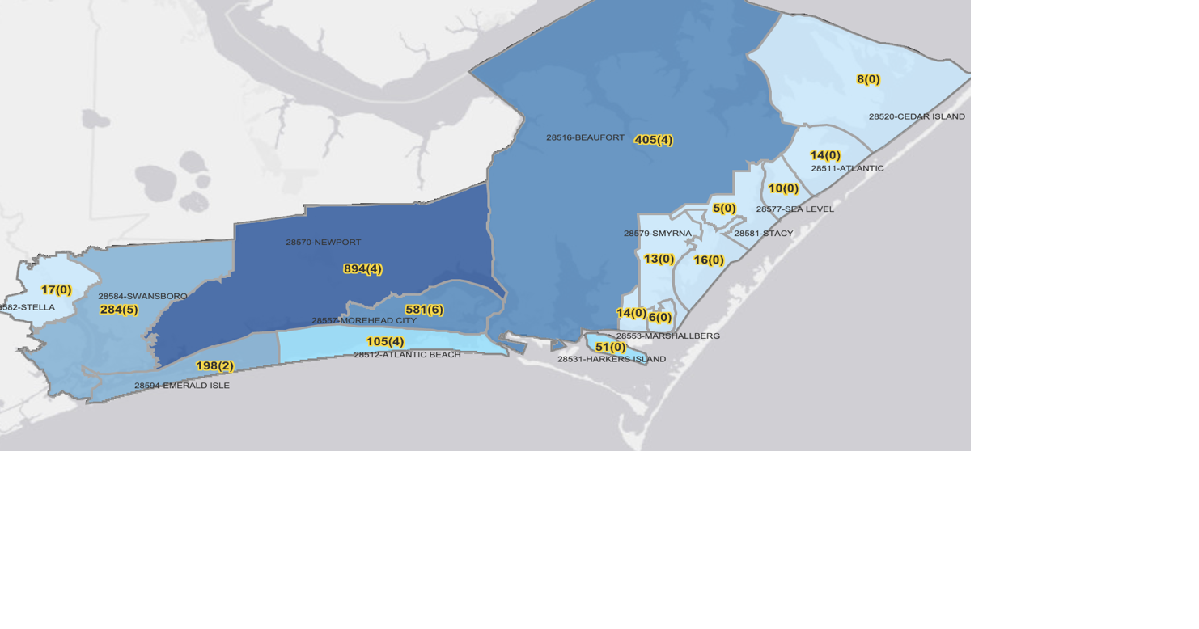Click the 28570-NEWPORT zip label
click(x=324, y=243)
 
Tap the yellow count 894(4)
click(x=362, y=269)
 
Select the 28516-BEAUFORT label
click(x=585, y=138)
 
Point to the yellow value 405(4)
click(x=654, y=140)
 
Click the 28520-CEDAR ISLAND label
click(x=917, y=116)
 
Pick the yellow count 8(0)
click(x=868, y=79)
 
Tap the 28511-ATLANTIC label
click(x=847, y=168)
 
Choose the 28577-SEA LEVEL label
click(x=794, y=209)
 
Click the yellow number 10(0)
click(x=783, y=188)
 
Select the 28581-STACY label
click(x=764, y=234)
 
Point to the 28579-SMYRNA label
click(x=657, y=234)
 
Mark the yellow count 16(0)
click(x=709, y=260)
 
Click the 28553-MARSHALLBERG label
click(x=667, y=336)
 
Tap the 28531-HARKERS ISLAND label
click(x=612, y=359)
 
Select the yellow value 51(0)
click(x=610, y=348)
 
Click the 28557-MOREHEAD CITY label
click(x=364, y=321)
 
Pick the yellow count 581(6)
click(x=424, y=310)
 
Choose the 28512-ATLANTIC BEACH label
click(x=407, y=355)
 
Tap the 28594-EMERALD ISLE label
click(x=182, y=386)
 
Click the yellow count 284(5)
click(x=119, y=310)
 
